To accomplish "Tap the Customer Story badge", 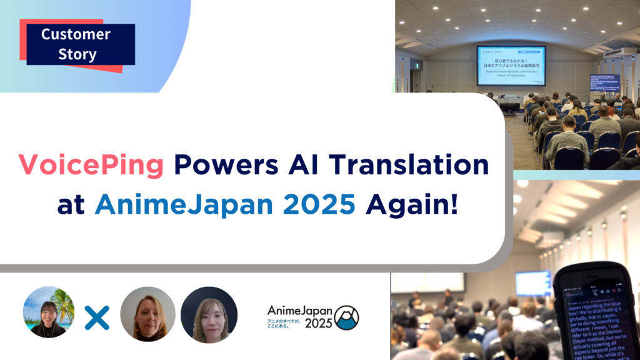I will (77, 44).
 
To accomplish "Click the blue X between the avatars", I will (97, 318).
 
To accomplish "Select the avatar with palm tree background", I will (49, 312).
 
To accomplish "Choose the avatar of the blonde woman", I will (148, 314).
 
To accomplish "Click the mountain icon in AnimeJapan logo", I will (346, 317).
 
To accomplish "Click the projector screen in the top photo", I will (511, 66).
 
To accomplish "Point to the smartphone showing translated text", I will (597, 312).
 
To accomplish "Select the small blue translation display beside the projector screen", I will (604, 83).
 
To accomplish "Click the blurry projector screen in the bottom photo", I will (533, 282).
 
